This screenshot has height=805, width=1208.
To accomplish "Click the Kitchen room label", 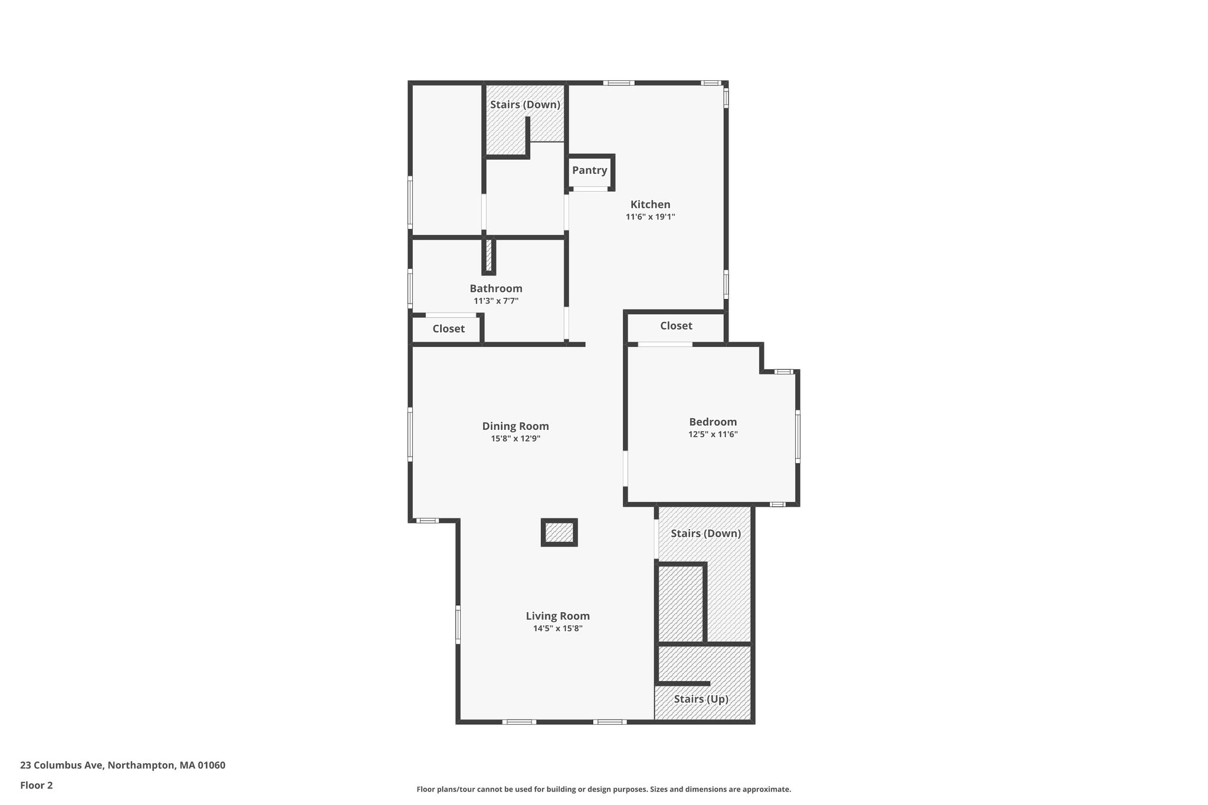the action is point(650,205).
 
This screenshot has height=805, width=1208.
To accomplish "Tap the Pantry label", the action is point(589,170).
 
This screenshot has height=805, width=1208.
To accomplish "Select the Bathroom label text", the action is point(496,288).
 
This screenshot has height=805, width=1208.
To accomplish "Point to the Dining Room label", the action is point(516,426).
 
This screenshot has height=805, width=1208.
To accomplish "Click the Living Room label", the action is point(558,616).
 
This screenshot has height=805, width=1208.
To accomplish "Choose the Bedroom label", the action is point(713,422).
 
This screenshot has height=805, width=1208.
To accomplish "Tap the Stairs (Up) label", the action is point(701,699).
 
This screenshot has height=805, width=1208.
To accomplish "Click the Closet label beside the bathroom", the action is point(448,328).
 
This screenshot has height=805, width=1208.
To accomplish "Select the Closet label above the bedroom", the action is point(676,326).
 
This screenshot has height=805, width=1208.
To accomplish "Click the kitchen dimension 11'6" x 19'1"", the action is point(650,217).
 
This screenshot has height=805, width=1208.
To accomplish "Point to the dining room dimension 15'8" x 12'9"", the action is point(516,439).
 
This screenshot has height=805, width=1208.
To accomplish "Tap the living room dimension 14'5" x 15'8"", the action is point(558,629).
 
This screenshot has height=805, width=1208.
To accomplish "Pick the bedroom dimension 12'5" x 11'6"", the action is point(713,435).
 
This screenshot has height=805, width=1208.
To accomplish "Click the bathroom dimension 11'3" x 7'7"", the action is point(496,301).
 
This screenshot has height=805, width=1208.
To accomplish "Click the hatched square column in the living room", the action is point(559,533).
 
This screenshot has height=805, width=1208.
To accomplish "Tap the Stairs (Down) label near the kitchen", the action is point(525,105).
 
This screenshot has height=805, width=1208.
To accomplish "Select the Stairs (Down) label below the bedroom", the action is point(705,534).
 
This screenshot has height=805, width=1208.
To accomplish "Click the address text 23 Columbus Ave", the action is point(62,765).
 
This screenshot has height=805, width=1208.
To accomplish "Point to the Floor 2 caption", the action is point(37,786).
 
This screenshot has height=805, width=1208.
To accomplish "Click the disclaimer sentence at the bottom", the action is point(604,789).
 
